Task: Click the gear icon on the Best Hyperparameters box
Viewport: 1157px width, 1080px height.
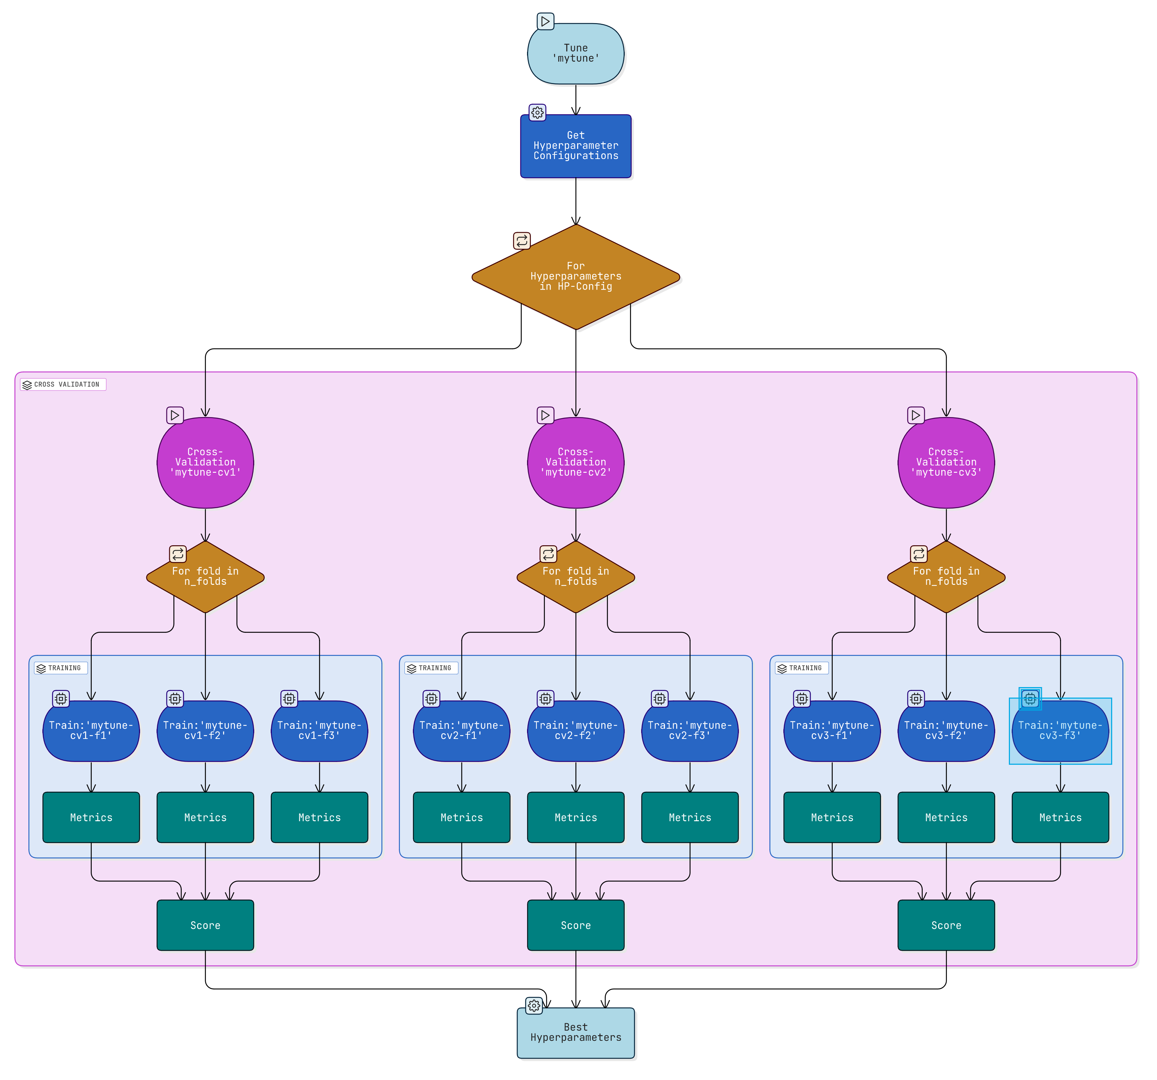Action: (x=534, y=1005)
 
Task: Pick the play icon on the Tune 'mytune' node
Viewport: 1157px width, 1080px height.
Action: (x=545, y=21)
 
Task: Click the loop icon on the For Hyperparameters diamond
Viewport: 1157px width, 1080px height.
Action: (x=521, y=240)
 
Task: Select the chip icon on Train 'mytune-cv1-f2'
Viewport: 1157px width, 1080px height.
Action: (x=175, y=698)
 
